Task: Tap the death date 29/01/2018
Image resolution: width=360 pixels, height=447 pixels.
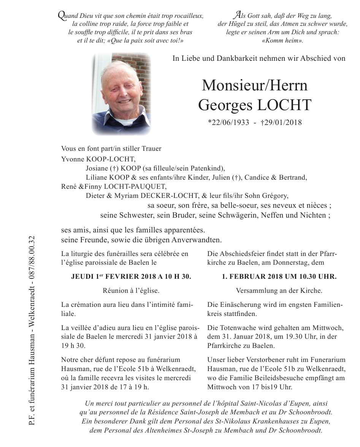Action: pos(281,122)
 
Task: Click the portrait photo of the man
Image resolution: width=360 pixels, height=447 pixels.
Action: pos(121,94)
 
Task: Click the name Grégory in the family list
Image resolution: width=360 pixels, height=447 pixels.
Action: pos(277,196)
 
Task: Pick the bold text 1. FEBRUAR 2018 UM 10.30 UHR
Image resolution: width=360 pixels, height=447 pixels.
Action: pos(279,277)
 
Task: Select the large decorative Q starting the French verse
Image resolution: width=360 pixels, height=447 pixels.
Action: pos(60,15)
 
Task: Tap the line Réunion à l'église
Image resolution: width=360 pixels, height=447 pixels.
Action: pos(131,291)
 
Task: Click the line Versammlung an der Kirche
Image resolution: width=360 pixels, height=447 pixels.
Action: pos(279,291)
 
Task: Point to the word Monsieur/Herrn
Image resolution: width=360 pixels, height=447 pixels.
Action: pos(254,85)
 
